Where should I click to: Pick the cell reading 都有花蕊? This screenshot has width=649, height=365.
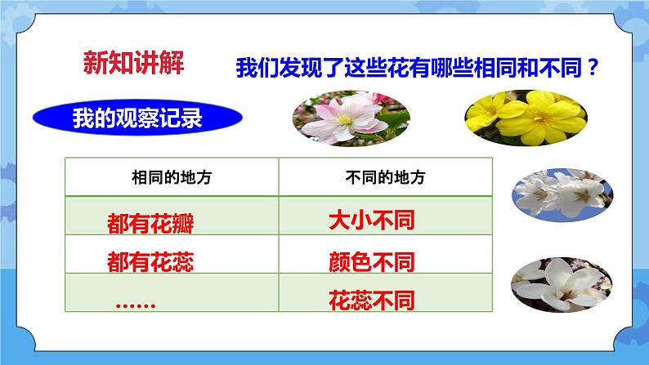pyautogui.click(x=150, y=261)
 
